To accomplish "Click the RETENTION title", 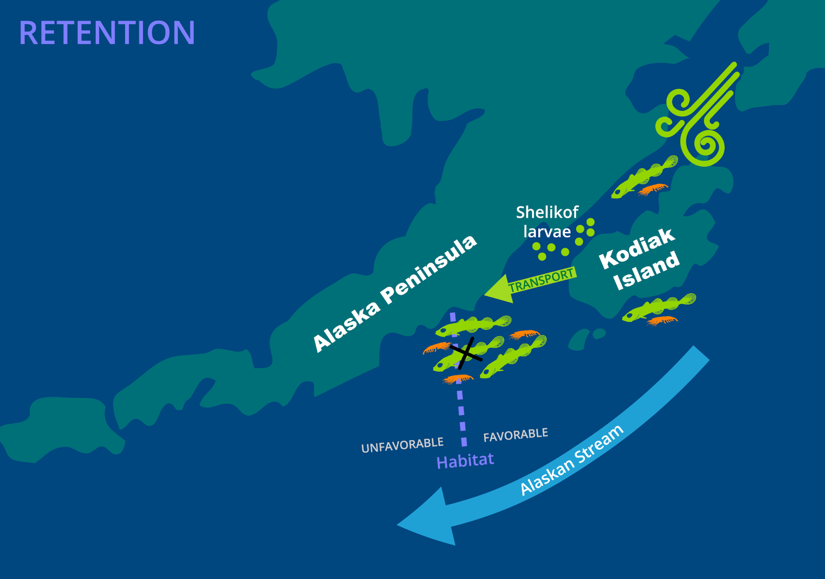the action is pyautogui.click(x=107, y=33).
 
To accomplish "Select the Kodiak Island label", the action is pyautogui.click(x=639, y=259).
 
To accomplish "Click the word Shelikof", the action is pyautogui.click(x=547, y=212).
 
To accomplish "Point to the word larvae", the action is pyautogui.click(x=547, y=232).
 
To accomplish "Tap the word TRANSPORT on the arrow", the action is pyautogui.click(x=541, y=280).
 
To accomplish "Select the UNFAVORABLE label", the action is pyautogui.click(x=402, y=445).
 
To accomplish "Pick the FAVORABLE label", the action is pyautogui.click(x=515, y=435).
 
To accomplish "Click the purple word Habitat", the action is pyautogui.click(x=465, y=461).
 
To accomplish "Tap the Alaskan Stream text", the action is pyautogui.click(x=571, y=460).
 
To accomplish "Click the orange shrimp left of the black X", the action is pyautogui.click(x=436, y=348).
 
